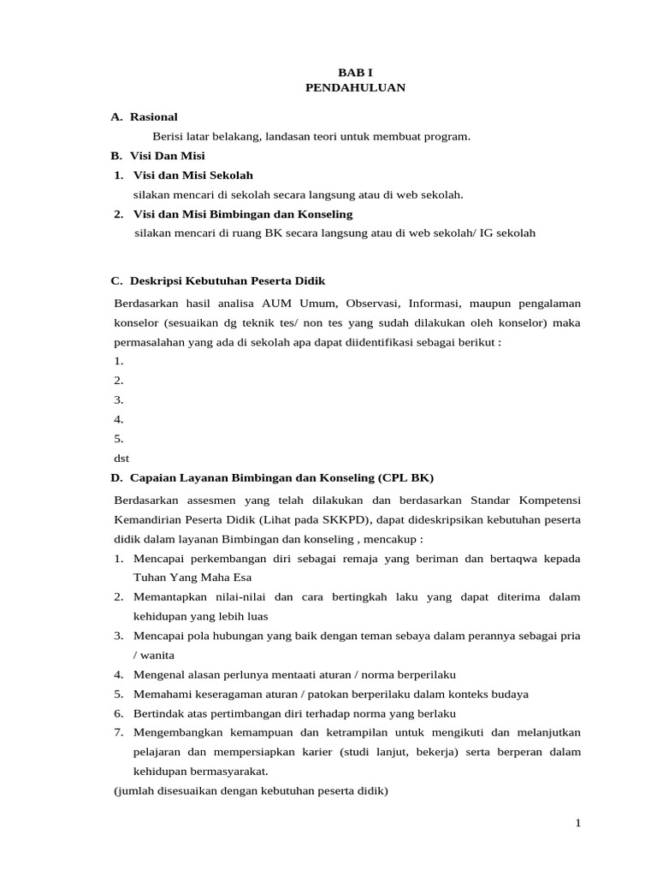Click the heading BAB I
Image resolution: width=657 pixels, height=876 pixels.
(x=355, y=74)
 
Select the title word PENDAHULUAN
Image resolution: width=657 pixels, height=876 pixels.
(x=355, y=88)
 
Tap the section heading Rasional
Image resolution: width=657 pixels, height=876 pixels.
(x=154, y=116)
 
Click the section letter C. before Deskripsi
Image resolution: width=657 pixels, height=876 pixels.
(x=118, y=281)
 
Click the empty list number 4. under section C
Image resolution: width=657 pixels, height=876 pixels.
(x=119, y=419)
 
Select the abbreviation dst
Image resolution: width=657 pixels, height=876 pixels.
(x=121, y=458)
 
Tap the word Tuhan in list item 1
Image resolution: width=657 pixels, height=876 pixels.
(x=150, y=577)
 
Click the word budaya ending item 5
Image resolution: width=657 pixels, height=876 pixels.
(x=510, y=694)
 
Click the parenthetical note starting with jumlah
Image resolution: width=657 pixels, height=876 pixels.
(x=251, y=790)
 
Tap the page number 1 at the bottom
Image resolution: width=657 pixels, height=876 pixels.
(x=577, y=823)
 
